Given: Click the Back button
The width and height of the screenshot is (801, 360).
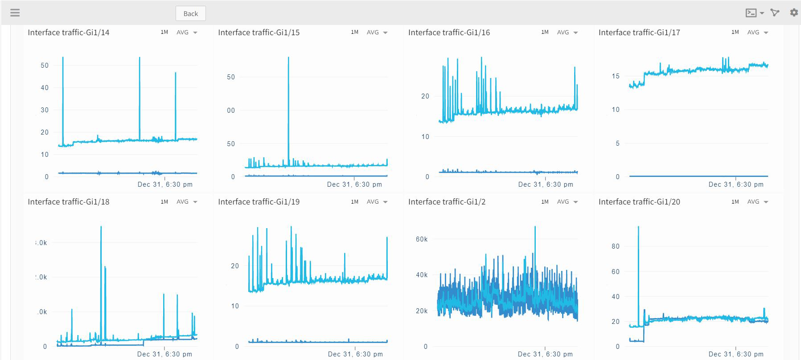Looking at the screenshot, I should pos(190,13).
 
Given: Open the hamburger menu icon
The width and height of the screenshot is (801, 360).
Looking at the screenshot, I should pos(15,12).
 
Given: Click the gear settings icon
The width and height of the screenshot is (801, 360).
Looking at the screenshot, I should pos(793,12).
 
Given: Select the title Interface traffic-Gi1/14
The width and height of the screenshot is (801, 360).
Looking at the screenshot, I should pos(68,33).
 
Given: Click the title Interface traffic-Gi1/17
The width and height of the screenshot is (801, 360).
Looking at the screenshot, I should pos(639,33).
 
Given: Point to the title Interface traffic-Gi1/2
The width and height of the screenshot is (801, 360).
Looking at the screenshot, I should pos(447,202).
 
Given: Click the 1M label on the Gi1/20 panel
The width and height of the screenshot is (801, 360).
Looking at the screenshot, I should pos(735,202).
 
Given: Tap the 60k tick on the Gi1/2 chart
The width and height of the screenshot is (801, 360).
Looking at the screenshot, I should pos(421,239).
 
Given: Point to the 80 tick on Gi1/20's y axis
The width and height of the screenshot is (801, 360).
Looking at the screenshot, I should pos(615,246).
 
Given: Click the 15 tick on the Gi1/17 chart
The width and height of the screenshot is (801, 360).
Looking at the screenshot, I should pos(615,76).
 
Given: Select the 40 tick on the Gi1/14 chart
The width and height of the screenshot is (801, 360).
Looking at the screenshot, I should pos(45,88).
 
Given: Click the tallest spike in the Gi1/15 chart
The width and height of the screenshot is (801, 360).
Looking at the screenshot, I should pos(288,58).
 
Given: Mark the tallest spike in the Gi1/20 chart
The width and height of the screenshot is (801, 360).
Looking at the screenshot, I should pos(638,227).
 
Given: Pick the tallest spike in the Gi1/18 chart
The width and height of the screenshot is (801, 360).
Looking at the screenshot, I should pos(101,227).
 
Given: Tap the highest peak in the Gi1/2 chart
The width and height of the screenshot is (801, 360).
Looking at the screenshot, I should pos(535,227).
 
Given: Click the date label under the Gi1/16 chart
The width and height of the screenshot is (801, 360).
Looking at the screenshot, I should pos(546,184).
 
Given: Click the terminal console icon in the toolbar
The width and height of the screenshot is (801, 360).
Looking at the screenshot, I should pos(751,13).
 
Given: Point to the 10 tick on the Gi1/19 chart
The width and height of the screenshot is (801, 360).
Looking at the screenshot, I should pos(235,306).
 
